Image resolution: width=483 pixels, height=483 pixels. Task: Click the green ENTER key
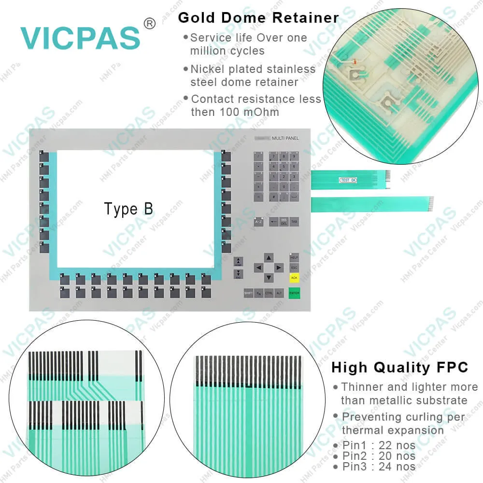294,293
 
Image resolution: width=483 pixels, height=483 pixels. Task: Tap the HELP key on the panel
294,257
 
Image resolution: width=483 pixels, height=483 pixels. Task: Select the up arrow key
269,257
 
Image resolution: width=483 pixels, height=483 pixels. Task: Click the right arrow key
279,268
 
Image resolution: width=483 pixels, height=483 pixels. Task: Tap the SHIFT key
249,293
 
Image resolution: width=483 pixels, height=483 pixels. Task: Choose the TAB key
294,221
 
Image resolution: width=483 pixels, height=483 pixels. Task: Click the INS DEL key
284,221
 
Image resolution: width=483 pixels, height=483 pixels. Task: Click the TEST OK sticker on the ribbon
348,180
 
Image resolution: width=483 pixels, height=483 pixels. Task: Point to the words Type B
128,209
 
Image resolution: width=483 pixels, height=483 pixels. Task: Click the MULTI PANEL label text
285,139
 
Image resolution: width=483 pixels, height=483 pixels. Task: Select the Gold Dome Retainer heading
258,18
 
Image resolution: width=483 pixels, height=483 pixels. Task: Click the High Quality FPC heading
399,368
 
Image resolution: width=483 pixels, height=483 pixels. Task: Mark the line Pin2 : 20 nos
379,456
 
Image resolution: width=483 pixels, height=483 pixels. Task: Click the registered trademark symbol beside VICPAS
150,23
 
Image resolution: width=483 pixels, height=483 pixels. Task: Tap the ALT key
279,293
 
